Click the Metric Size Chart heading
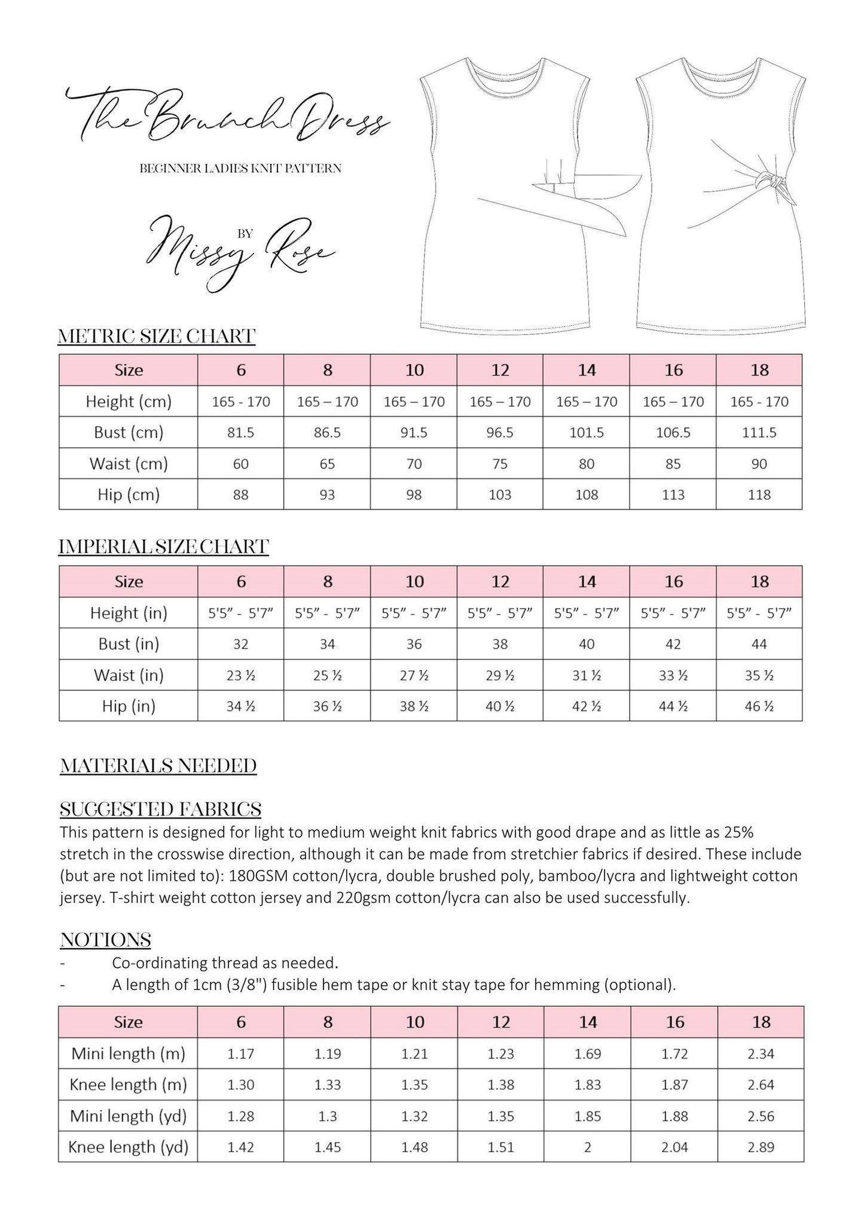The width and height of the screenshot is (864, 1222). coord(157,336)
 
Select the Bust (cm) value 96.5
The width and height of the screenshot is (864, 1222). coord(500,432)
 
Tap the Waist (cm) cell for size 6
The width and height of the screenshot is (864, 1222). coord(240,463)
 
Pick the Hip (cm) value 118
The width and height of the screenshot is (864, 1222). coord(759,494)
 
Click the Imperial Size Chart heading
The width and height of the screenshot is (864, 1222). coord(164,546)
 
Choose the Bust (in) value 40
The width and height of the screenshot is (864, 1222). coord(587,644)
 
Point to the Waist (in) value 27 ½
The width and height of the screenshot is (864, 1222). coord(414,675)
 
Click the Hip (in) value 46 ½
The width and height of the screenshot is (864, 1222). coord(759,706)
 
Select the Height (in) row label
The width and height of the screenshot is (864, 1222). coord(129,613)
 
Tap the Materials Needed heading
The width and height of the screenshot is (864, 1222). coord(158,766)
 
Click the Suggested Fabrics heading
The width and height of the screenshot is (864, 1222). coord(161,809)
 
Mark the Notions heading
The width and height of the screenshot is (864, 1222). coord(105,940)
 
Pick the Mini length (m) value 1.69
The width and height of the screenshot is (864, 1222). coord(587,1053)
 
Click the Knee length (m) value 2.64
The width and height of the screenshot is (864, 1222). coord(761,1084)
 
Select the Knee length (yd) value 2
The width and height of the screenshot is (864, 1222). coord(587,1147)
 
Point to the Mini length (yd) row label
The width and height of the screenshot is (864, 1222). coord(128,1116)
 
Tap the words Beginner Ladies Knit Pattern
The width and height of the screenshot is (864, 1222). coord(240,169)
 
